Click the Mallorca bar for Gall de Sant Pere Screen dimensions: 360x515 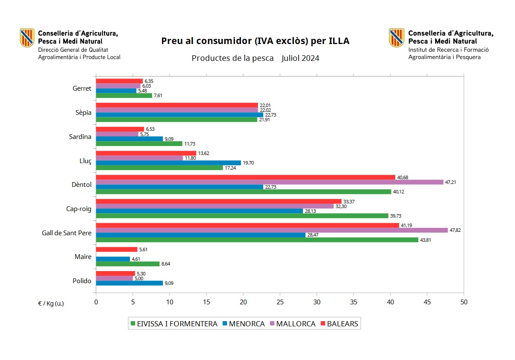272,230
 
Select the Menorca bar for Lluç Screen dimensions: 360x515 168,163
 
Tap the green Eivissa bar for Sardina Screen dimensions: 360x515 139,144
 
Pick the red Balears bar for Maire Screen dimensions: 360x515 117,249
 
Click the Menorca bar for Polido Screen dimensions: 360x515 129,283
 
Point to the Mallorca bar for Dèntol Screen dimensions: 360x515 270,182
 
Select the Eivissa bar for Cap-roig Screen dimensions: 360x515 242,216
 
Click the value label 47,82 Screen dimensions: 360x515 455,231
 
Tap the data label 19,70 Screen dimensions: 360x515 248,163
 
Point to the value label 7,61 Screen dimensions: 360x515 159,96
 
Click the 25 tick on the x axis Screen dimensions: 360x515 280,302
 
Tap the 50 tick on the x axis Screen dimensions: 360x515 464,302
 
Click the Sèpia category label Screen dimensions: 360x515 83,113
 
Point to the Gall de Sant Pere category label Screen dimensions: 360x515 67,233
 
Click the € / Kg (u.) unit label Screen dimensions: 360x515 51,303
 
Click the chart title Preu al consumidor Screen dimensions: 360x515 255,41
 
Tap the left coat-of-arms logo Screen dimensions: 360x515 27,38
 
